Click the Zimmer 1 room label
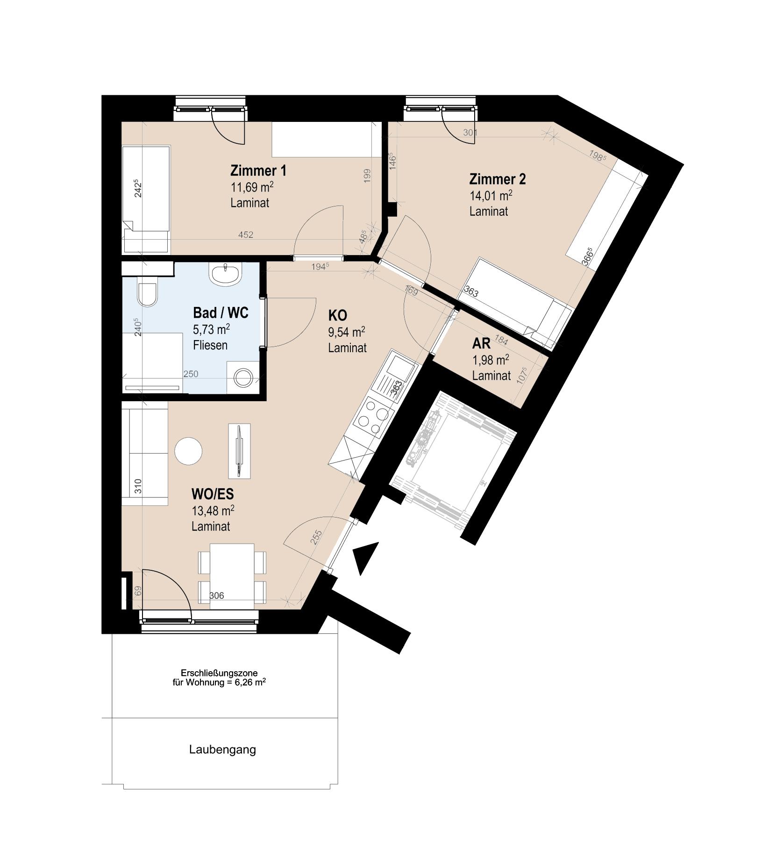(258, 170)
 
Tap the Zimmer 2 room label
(497, 179)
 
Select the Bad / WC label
(221, 312)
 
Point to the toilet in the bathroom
(148, 294)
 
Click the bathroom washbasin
(226, 274)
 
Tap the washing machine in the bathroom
(243, 377)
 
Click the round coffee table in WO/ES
(188, 451)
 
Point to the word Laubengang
(222, 750)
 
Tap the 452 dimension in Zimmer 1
(246, 235)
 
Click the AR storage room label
(481, 344)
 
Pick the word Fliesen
(210, 346)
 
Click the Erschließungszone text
(219, 673)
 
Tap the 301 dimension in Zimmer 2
(470, 133)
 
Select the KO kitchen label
(337, 315)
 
